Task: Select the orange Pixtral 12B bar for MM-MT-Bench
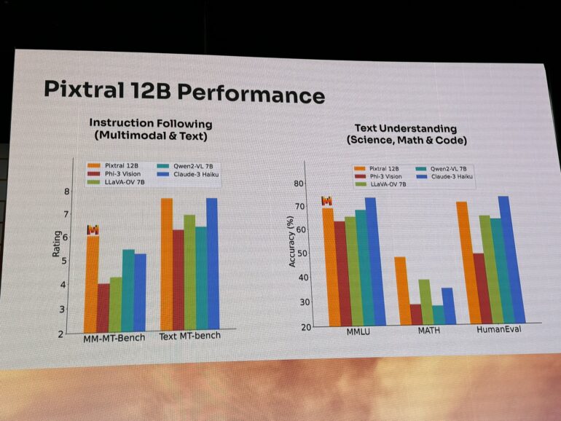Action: click(91, 284)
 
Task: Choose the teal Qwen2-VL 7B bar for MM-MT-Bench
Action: click(127, 291)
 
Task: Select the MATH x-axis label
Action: click(427, 331)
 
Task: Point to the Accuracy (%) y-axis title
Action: click(292, 242)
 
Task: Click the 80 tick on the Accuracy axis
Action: click(298, 184)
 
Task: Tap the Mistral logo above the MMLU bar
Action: click(327, 201)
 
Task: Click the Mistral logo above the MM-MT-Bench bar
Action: click(93, 229)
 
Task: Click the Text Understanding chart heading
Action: click(406, 134)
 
